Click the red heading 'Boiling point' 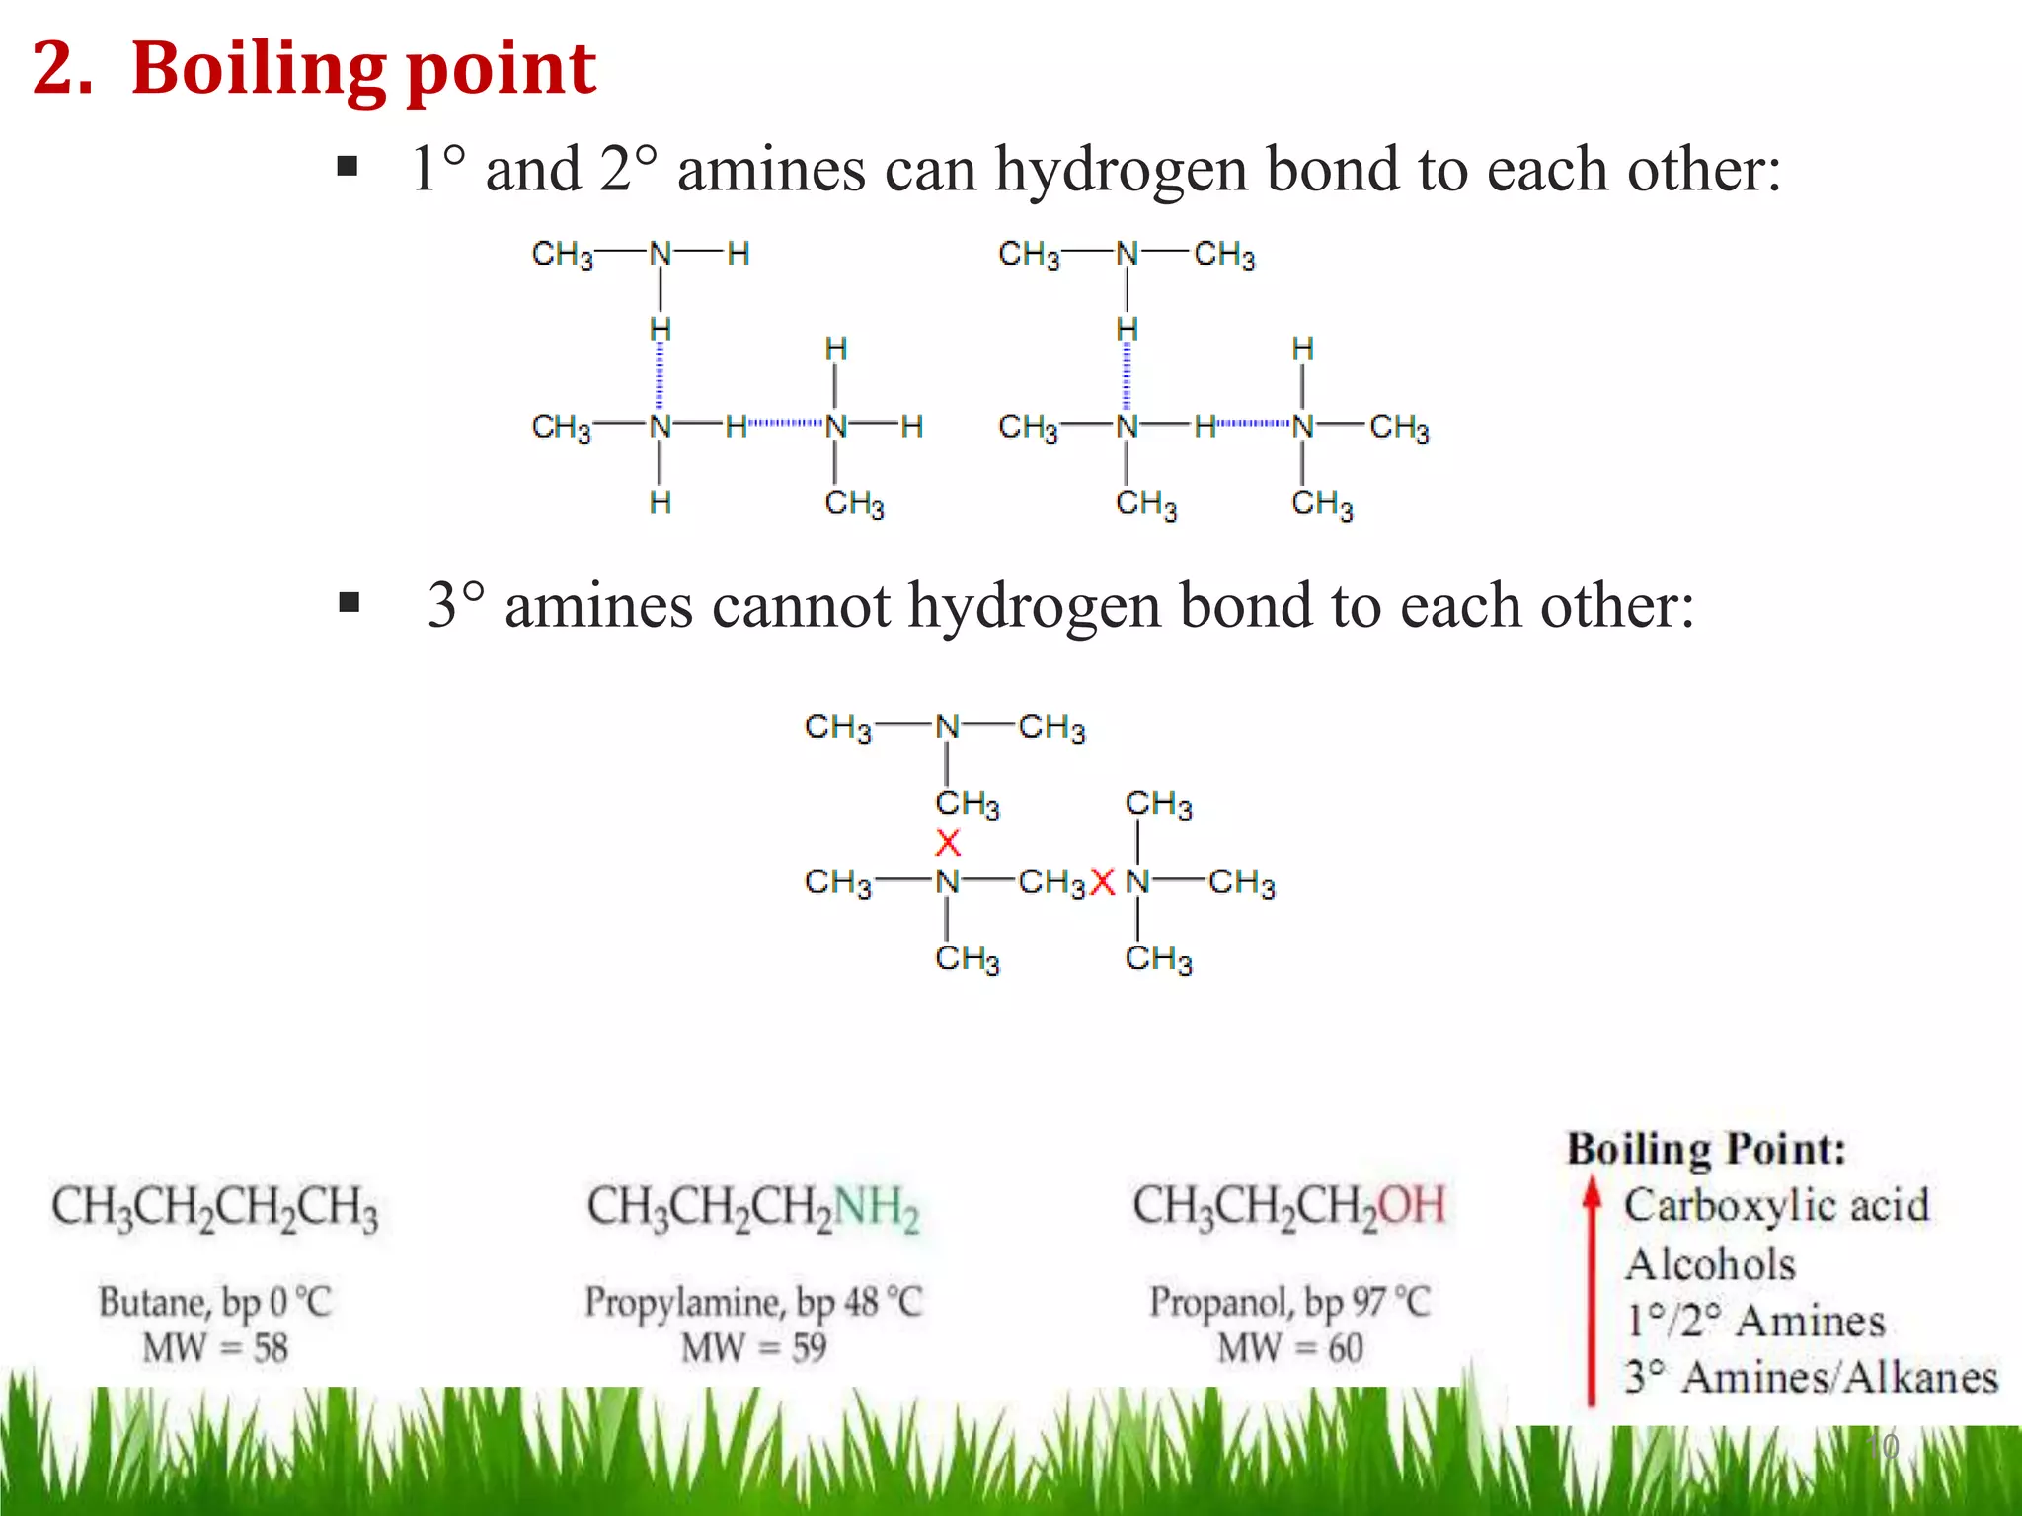[363, 69]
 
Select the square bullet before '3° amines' [349, 602]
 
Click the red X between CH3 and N [1103, 882]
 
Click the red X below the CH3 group [948, 843]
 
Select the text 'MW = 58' [215, 1348]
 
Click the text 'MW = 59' [753, 1348]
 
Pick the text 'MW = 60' [1289, 1348]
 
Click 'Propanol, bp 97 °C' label [1289, 1303]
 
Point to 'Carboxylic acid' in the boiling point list [1776, 1206]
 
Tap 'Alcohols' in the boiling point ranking [1710, 1264]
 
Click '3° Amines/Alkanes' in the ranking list [1812, 1378]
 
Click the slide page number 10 [1883, 1447]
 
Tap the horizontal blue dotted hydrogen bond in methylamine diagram [786, 424]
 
